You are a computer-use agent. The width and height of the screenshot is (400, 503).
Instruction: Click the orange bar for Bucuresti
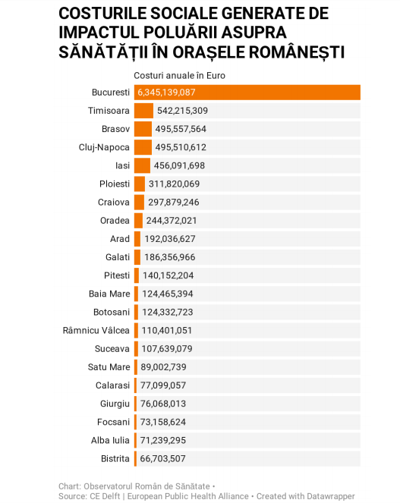247,93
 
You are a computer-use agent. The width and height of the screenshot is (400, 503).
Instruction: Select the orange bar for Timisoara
143,111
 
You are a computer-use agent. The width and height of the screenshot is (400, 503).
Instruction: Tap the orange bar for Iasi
142,165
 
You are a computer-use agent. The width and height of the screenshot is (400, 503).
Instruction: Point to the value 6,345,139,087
166,93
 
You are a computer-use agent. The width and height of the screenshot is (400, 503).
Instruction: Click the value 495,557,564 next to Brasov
181,129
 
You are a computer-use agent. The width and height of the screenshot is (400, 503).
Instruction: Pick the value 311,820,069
174,184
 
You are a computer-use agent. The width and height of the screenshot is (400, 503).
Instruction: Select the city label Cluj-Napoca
104,148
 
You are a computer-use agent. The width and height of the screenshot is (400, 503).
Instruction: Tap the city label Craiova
114,202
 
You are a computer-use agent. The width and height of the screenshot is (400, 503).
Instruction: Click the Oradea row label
115,220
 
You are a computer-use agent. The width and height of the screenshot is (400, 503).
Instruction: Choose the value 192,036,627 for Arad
170,239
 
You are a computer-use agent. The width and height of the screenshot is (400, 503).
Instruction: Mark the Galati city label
118,257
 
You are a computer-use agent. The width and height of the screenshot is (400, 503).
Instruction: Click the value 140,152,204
169,275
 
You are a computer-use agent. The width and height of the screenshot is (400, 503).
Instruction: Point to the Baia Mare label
109,294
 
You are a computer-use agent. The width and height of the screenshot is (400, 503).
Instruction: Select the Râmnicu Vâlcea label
96,330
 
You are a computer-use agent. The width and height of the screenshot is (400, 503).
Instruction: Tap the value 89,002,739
163,366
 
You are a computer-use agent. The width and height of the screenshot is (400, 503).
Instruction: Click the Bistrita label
115,458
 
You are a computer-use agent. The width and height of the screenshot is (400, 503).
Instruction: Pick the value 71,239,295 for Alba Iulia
162,440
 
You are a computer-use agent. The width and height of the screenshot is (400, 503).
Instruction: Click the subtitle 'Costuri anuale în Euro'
179,76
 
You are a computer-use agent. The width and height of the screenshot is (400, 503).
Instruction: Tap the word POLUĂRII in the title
179,32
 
